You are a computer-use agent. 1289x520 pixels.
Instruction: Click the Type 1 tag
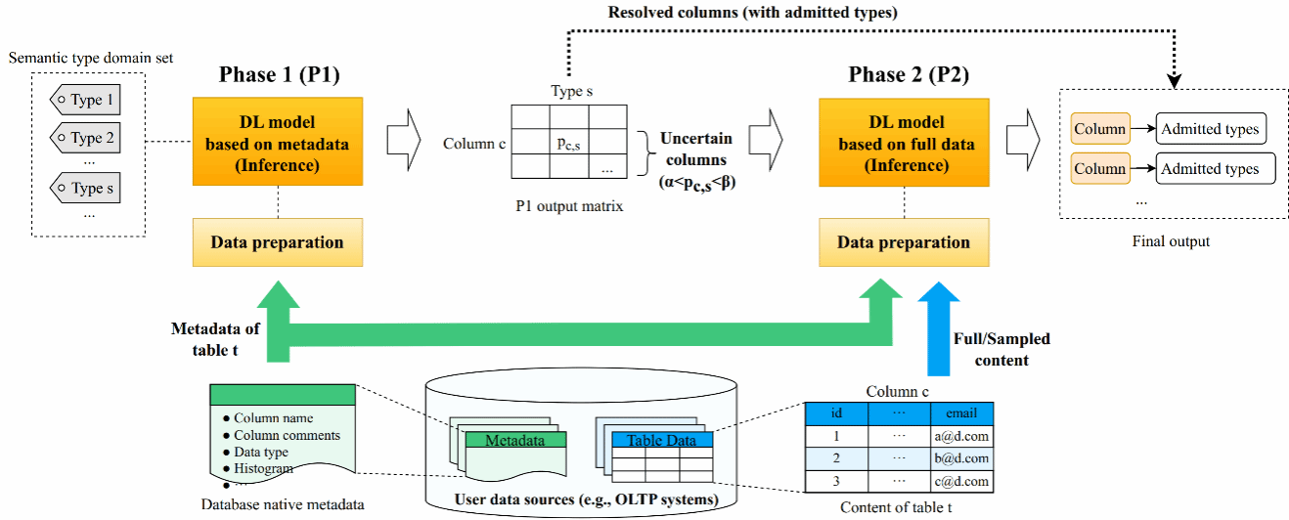pyautogui.click(x=85, y=100)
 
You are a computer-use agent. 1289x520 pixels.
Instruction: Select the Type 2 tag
pyautogui.click(x=85, y=138)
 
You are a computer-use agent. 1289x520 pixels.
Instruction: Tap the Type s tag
pyautogui.click(x=85, y=188)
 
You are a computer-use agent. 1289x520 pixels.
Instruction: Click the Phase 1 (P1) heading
pyautogui.click(x=279, y=75)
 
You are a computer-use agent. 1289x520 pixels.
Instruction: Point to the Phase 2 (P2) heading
pyautogui.click(x=909, y=75)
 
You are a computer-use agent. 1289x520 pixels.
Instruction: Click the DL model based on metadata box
pyautogui.click(x=278, y=142)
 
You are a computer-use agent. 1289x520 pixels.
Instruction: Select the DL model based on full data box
pyautogui.click(x=904, y=143)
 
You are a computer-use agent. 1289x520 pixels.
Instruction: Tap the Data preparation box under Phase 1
pyautogui.click(x=278, y=242)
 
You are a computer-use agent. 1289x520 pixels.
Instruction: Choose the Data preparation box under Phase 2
pyautogui.click(x=904, y=242)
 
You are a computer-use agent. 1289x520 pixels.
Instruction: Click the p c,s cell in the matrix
pyautogui.click(x=569, y=142)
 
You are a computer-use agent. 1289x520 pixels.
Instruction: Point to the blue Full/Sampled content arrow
pyautogui.click(x=939, y=328)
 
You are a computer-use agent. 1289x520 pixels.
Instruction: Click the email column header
pyautogui.click(x=961, y=413)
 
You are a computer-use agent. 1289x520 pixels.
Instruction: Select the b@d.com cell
pyautogui.click(x=961, y=458)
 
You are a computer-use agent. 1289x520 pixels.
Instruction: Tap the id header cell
pyautogui.click(x=836, y=413)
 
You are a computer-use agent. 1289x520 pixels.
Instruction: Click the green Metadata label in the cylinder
pyautogui.click(x=515, y=440)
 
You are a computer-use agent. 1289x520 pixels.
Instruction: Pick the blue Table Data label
pyautogui.click(x=662, y=440)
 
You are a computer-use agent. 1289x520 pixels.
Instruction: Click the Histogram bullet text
pyautogui.click(x=263, y=468)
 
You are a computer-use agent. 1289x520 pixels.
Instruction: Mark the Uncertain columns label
pyautogui.click(x=696, y=149)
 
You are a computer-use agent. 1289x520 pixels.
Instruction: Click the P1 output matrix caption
pyautogui.click(x=569, y=206)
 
